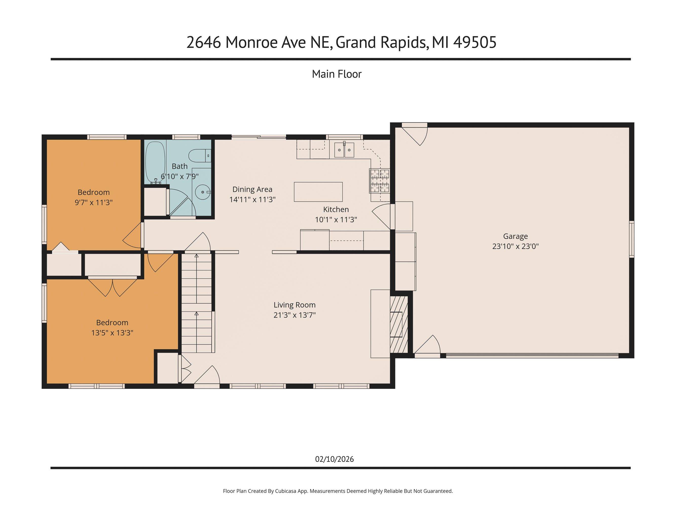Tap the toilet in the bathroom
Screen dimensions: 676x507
[199, 156]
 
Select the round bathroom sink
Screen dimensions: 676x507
[203, 192]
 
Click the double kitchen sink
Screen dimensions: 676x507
[344, 150]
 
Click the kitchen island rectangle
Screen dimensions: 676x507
[318, 192]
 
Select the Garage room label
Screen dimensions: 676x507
[515, 236]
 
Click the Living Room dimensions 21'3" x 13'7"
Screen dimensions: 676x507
[294, 315]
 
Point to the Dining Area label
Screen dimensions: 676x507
[252, 189]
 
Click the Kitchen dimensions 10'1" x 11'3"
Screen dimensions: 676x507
[336, 220]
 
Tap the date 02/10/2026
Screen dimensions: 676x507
[334, 459]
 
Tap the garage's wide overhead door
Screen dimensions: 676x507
[532, 355]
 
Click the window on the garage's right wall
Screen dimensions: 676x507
[631, 239]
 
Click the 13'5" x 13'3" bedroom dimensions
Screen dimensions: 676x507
[112, 333]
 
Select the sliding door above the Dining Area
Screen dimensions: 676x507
[259, 137]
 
